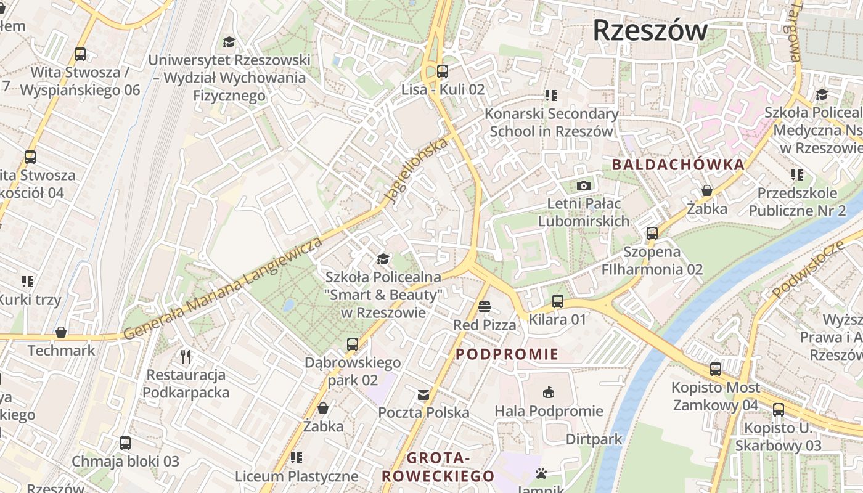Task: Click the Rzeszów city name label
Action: point(650,31)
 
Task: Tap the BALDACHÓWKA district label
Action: point(678,165)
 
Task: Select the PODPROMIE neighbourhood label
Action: point(507,354)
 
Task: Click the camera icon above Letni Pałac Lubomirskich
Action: point(583,185)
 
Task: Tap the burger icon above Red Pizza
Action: point(485,307)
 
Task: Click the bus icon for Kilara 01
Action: point(557,301)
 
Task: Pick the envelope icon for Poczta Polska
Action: point(423,394)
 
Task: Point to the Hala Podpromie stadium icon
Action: point(549,392)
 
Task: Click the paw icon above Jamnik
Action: point(541,473)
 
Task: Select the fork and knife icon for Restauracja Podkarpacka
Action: point(186,356)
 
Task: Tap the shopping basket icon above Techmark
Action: point(61,333)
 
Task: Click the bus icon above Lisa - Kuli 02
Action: point(443,71)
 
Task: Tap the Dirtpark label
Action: point(594,439)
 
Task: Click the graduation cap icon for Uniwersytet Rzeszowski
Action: point(229,42)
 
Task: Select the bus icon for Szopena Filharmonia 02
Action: point(652,234)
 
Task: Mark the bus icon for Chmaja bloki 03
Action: point(125,443)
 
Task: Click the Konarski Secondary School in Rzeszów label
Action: point(551,123)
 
